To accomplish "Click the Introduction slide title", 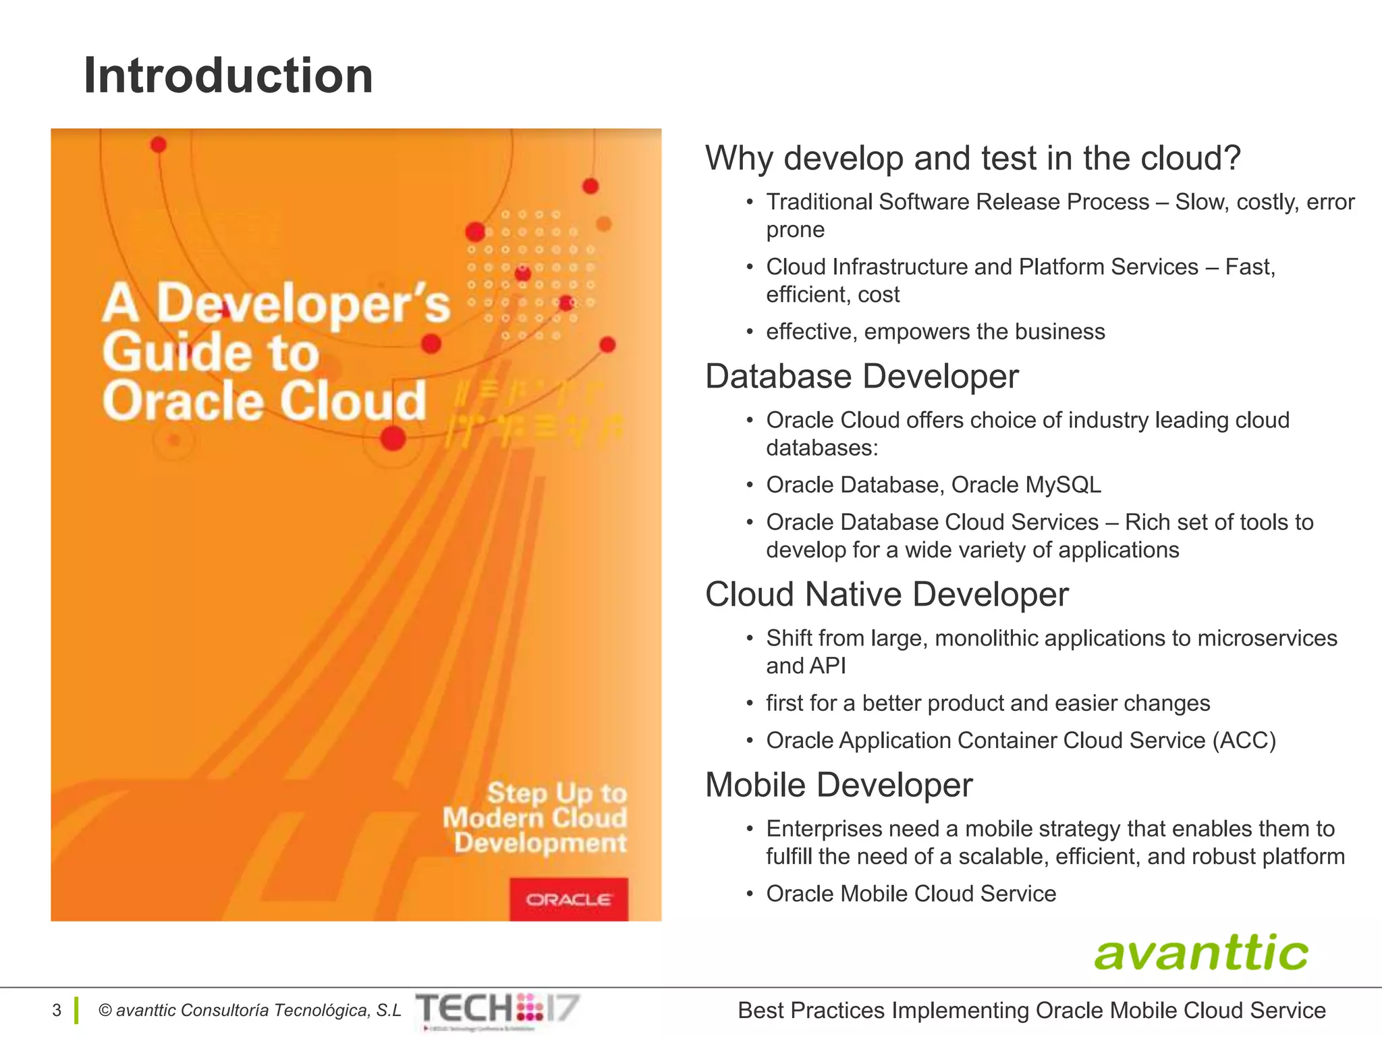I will click(x=228, y=76).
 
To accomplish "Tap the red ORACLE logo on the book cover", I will click(x=569, y=899).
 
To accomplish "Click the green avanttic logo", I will click(x=1200, y=953).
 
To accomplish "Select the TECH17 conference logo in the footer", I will click(x=498, y=1009).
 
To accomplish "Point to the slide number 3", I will click(x=57, y=1010).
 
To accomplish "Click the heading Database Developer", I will click(x=862, y=377).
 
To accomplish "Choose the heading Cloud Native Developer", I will click(x=887, y=595).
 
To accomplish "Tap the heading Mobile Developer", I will click(x=839, y=785).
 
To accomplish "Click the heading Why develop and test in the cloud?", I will click(x=972, y=159).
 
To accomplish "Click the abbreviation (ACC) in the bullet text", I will click(x=1244, y=741).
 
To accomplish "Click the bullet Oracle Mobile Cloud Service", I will click(x=911, y=894).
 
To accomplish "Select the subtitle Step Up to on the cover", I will click(x=557, y=793).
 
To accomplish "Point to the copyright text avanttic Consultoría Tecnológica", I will click(x=250, y=1010).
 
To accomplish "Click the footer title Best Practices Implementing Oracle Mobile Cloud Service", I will click(x=1031, y=1010).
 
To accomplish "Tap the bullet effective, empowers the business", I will click(x=935, y=332).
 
